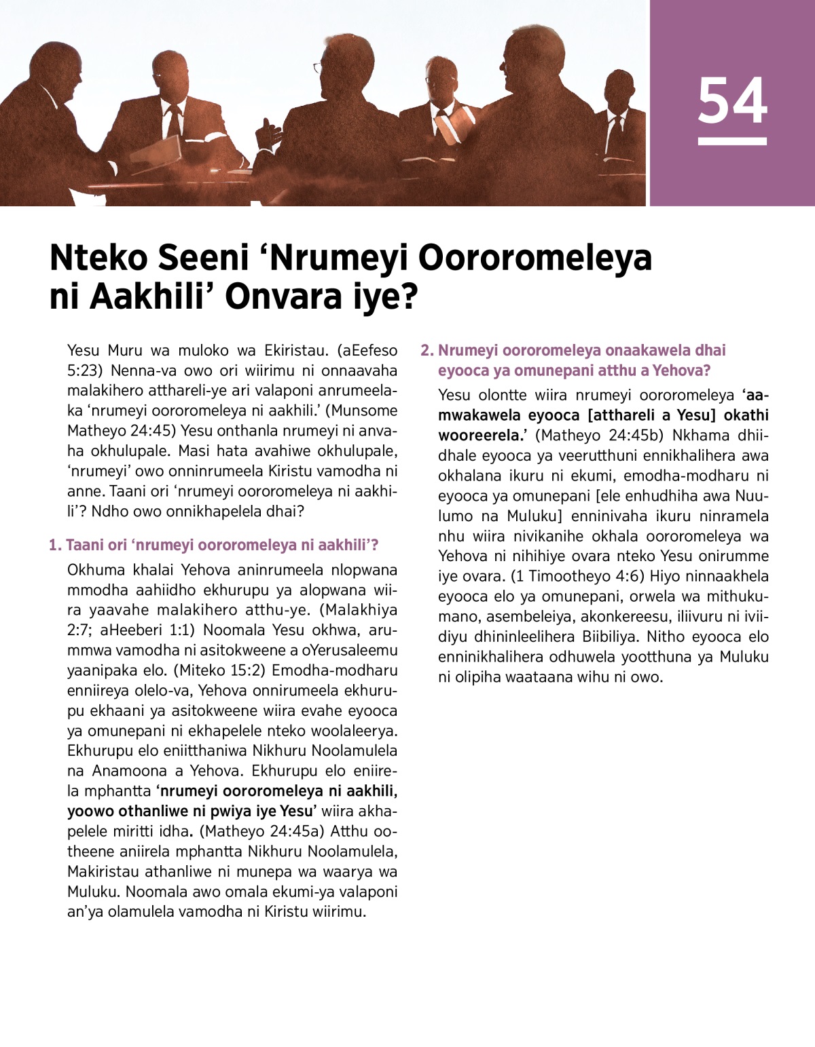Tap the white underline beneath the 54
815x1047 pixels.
tap(732, 141)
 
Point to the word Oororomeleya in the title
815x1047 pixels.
tap(535, 258)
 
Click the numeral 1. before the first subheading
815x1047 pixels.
tap(54, 545)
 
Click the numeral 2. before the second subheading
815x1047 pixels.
tap(427, 350)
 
